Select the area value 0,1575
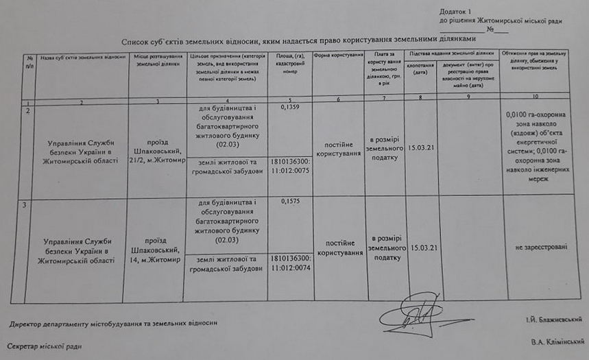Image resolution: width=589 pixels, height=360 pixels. click(x=291, y=202)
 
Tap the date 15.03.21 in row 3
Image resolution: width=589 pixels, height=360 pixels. click(x=422, y=247)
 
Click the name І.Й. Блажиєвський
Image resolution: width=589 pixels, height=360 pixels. click(x=551, y=320)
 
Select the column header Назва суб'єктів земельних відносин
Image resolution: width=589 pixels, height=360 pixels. click(x=82, y=56)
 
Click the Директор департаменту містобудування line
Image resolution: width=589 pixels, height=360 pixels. click(x=114, y=323)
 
